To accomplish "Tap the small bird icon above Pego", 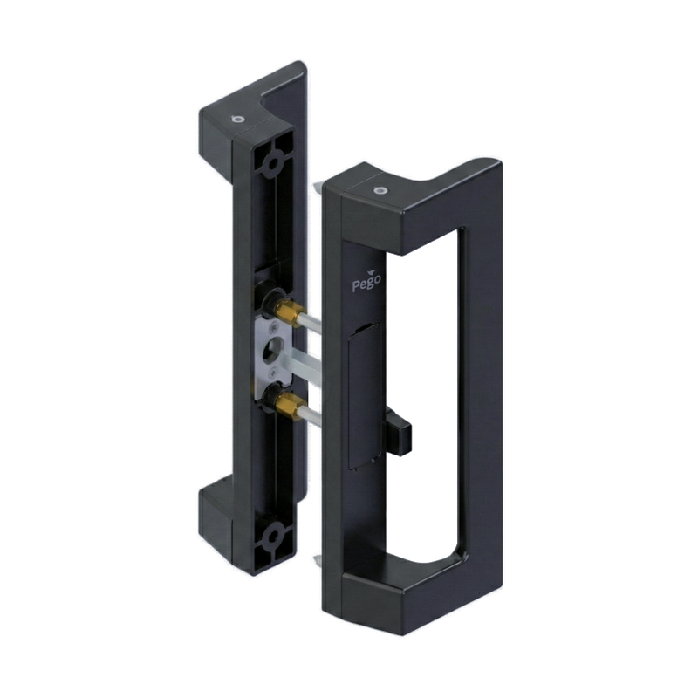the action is coord(372,270).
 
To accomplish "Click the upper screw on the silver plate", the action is coord(273,330).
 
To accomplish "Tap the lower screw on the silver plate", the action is coord(274,369).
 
